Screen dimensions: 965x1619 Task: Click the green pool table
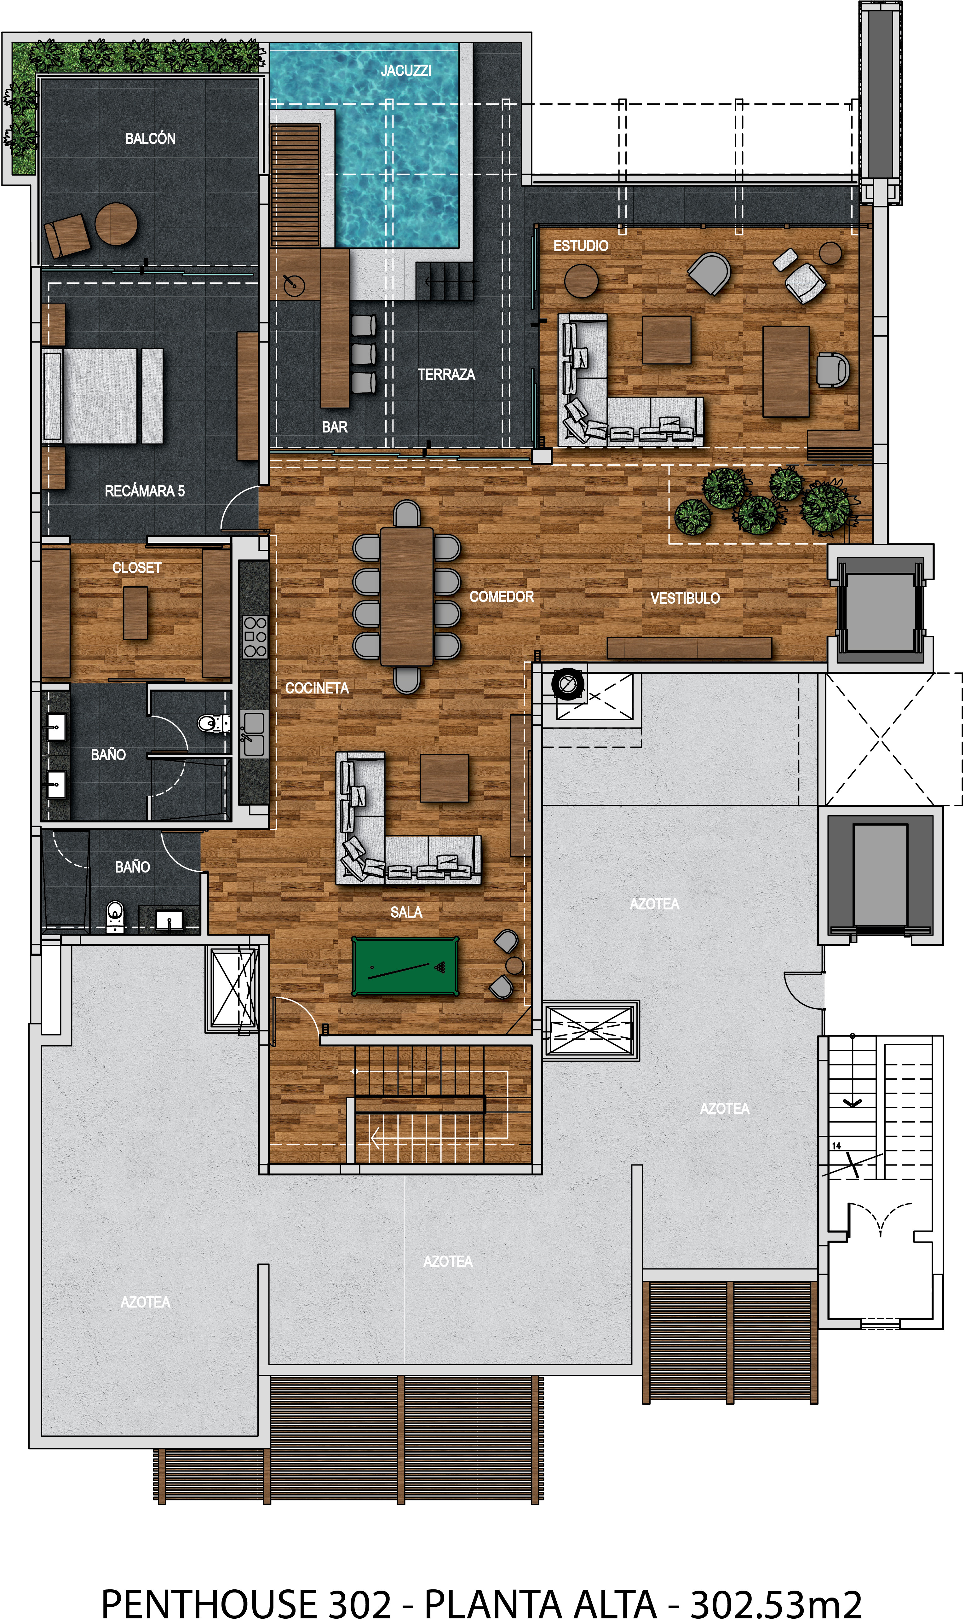(x=405, y=966)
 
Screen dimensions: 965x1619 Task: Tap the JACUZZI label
(x=406, y=70)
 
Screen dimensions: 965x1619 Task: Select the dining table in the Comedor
(x=406, y=596)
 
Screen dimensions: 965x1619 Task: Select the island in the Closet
(x=135, y=613)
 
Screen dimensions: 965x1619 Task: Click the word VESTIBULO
(x=685, y=598)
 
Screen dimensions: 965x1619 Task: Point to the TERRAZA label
(x=446, y=375)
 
